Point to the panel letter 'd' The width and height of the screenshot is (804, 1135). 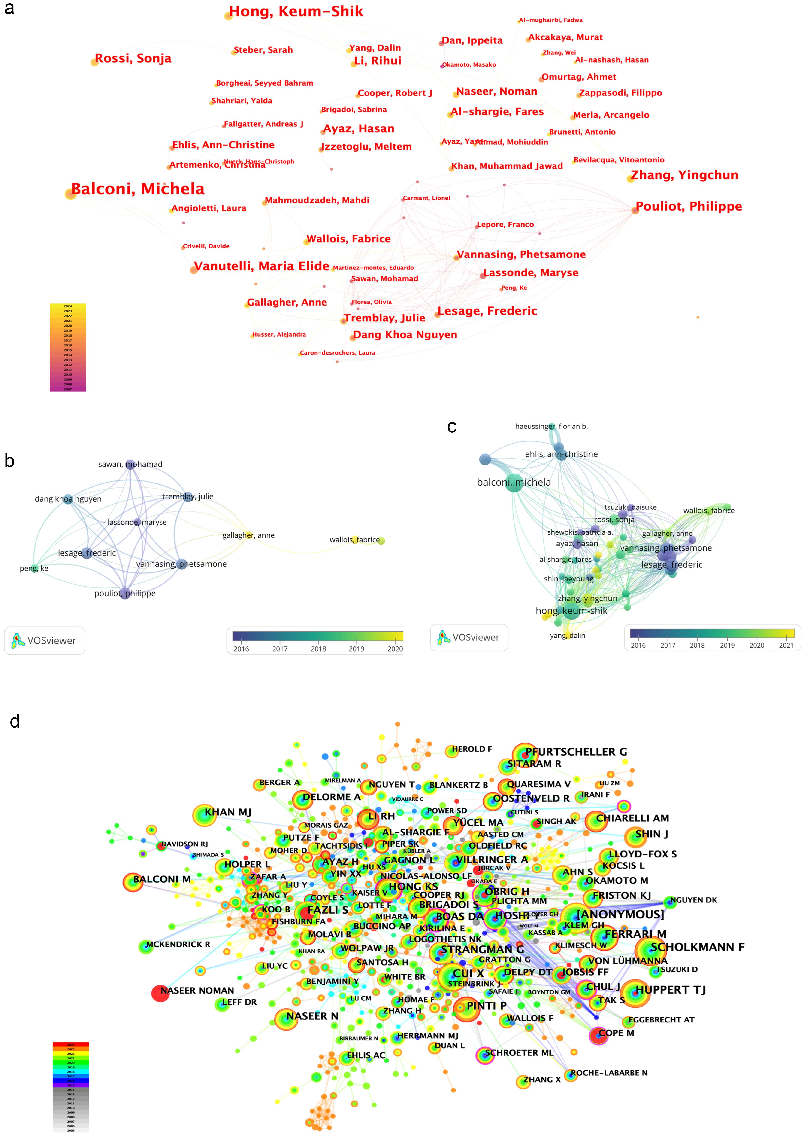tap(15, 721)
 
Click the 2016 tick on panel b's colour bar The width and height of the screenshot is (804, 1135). tap(241, 649)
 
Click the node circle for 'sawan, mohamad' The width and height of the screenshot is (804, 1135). tap(130, 464)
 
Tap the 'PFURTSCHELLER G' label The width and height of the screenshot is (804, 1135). tap(576, 752)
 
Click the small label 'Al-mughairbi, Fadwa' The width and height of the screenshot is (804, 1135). tap(550, 20)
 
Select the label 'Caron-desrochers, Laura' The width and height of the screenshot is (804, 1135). tap(337, 353)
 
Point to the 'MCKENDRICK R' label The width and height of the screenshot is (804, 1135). tap(178, 944)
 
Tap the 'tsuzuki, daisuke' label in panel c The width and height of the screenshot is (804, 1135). tap(630, 507)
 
